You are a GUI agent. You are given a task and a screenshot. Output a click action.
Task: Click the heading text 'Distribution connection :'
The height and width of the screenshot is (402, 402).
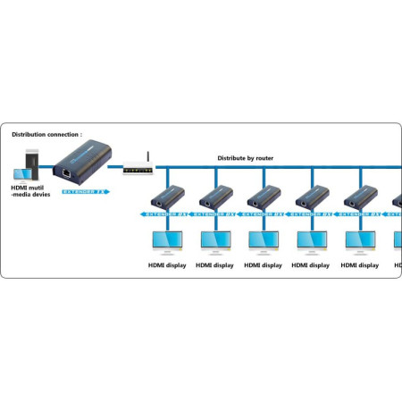46,135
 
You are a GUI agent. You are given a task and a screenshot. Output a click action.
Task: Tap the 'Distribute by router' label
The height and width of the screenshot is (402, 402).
246,158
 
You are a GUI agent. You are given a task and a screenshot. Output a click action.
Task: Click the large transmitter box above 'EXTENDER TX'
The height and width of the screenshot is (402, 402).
80,167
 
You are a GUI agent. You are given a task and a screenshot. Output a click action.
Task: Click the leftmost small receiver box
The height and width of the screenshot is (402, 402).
166,197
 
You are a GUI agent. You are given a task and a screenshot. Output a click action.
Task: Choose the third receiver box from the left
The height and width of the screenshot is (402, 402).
264,197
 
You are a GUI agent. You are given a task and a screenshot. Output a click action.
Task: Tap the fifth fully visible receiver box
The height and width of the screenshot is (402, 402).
361,197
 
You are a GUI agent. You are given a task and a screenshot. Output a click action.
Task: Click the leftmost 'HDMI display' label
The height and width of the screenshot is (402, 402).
166,265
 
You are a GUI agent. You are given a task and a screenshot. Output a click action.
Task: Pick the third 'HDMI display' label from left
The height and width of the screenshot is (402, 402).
264,265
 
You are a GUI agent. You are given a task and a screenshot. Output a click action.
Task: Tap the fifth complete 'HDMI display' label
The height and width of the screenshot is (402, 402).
361,265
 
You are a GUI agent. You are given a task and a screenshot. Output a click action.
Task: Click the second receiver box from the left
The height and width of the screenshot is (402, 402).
215,197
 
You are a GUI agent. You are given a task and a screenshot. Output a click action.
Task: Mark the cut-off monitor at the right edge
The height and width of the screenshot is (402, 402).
398,239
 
